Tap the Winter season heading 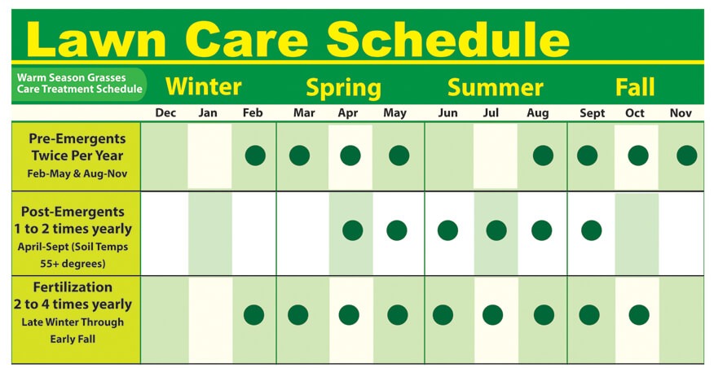point(203,86)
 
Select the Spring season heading point(343,88)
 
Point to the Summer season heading point(496,87)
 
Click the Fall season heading point(635,87)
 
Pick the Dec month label point(165,113)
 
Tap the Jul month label point(491,113)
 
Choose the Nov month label point(681,113)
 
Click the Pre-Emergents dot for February point(255,156)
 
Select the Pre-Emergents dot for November point(686,156)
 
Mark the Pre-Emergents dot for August point(543,156)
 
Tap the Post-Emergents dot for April point(353,230)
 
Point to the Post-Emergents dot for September point(592,230)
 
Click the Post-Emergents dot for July point(496,230)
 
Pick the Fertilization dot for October point(639,315)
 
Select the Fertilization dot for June point(443,315)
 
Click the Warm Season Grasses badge point(79,84)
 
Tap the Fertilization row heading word point(73,287)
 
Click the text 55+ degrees point(73,264)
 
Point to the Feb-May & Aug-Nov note point(77,173)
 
